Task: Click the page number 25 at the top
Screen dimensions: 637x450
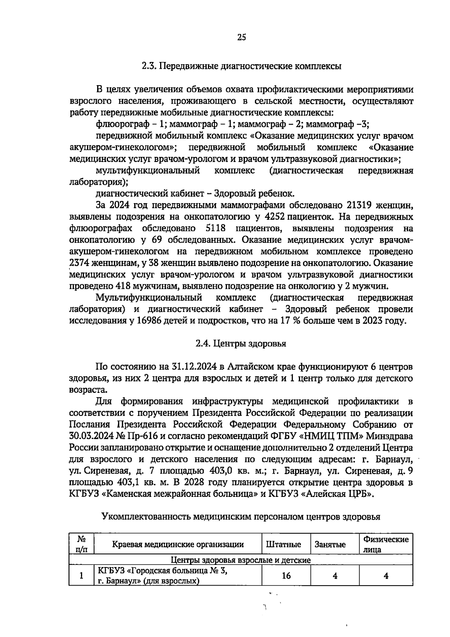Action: [x=241, y=38]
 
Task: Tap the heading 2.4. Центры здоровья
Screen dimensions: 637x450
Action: [x=241, y=344]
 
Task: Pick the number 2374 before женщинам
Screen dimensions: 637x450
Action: [x=80, y=263]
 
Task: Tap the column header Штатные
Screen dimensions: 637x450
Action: [x=283, y=545]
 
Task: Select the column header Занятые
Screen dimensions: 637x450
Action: [x=330, y=545]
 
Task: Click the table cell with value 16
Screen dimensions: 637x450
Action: [x=286, y=575]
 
